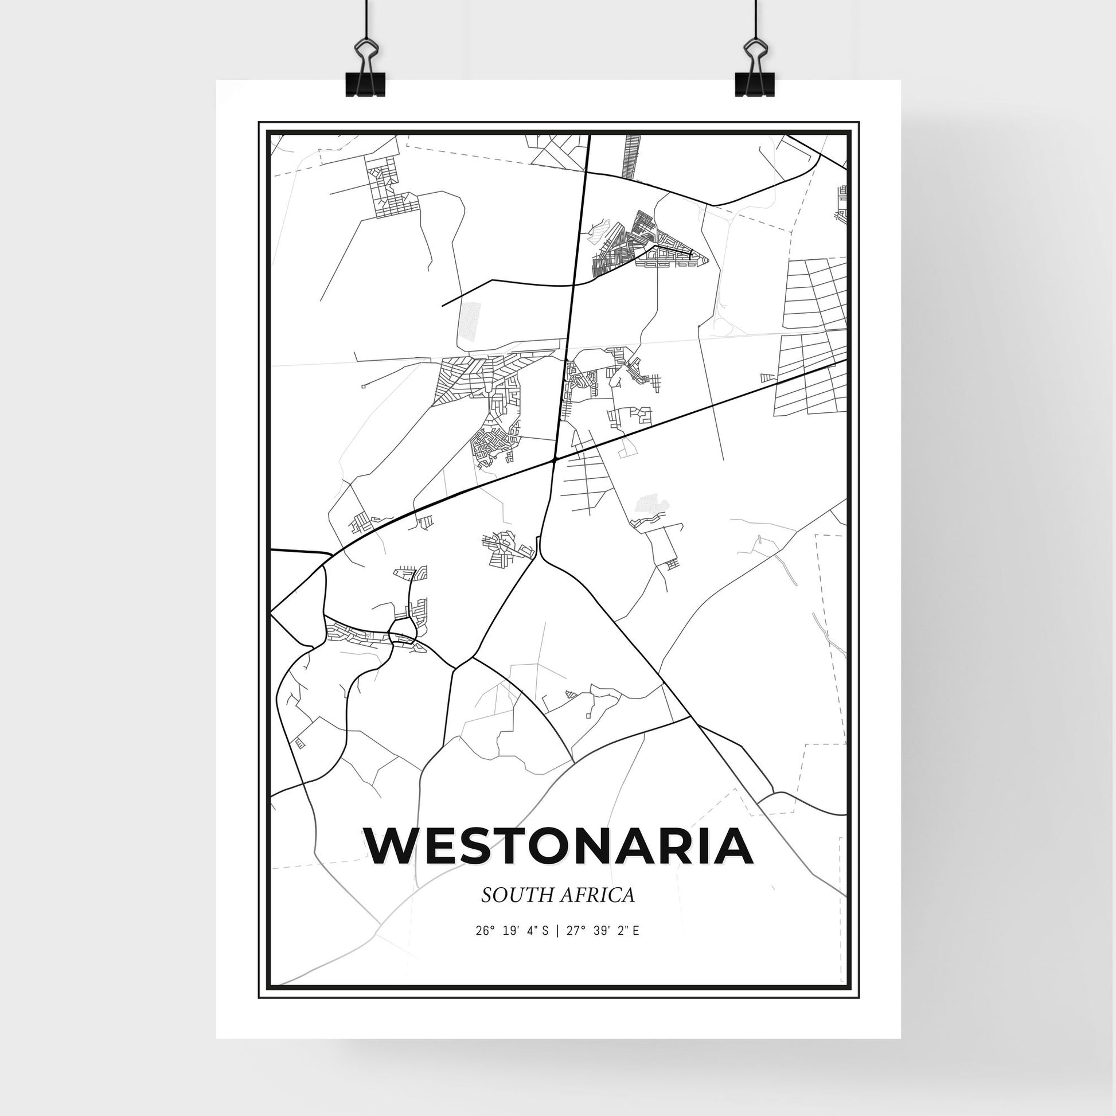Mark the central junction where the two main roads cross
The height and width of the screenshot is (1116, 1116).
coord(554,460)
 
